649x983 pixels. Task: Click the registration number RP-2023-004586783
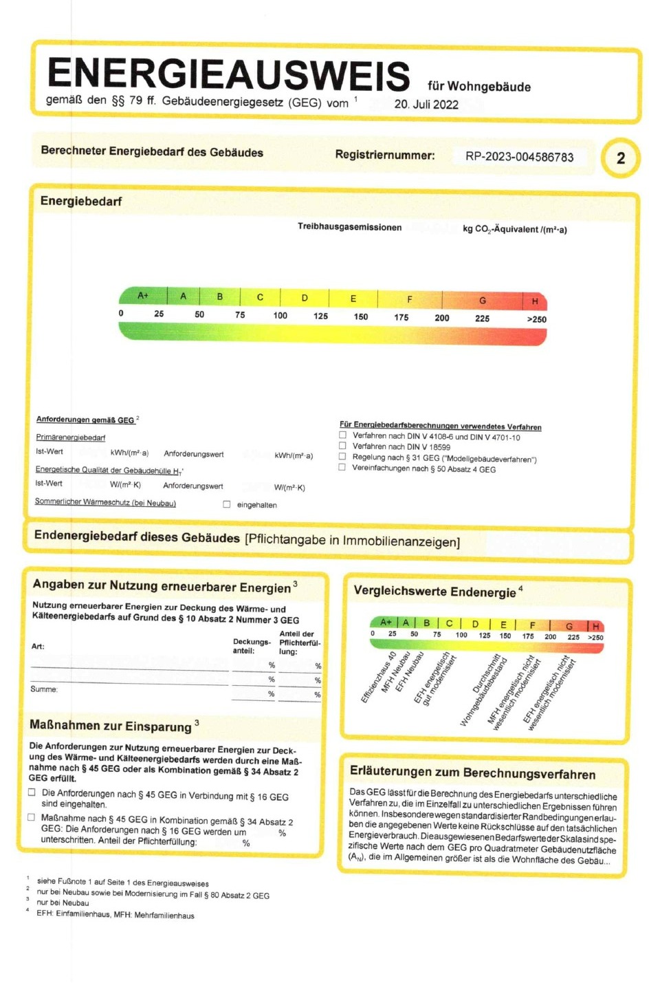click(519, 157)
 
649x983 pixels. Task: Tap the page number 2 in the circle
click(620, 158)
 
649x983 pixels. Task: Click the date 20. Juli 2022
click(426, 105)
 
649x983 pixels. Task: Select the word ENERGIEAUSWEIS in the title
click(228, 74)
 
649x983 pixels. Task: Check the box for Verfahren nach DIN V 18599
click(342, 446)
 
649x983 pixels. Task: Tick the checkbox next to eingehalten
click(227, 504)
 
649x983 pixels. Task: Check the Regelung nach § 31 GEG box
click(342, 457)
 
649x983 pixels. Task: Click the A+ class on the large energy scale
click(143, 296)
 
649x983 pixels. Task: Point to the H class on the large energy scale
click(534, 301)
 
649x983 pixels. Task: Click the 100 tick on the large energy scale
click(280, 316)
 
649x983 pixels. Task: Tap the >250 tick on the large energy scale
click(536, 319)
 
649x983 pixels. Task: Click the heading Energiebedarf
click(81, 202)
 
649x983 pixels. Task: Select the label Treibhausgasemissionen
click(349, 227)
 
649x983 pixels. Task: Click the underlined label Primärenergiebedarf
click(71, 438)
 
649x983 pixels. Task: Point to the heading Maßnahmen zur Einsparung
click(111, 726)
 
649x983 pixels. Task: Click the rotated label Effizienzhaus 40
click(379, 677)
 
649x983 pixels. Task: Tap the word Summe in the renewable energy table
click(44, 689)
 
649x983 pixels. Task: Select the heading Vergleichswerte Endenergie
click(434, 592)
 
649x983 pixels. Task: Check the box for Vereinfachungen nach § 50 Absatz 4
click(342, 468)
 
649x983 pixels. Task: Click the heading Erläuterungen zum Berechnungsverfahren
click(472, 774)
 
